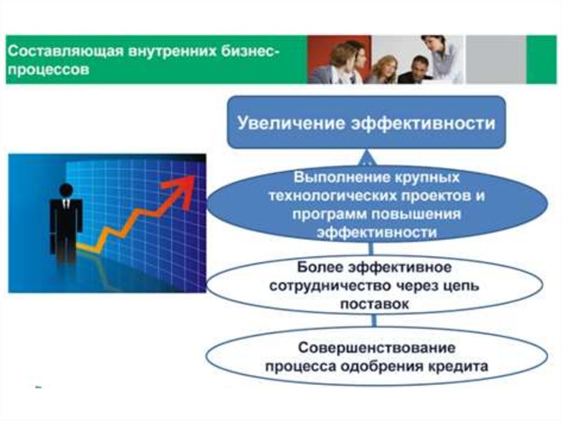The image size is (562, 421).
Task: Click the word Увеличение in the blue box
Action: pos(291,124)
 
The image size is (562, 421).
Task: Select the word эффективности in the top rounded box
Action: pos(424,124)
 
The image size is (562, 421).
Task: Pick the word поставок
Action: pos(374,304)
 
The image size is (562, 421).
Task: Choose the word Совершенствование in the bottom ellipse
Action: pos(376,348)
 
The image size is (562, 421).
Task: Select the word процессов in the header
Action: pos(48,69)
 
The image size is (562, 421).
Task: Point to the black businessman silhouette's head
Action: pos(66,190)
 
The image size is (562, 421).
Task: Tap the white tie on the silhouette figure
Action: pos(66,203)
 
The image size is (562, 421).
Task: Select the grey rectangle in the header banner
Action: pos(496,59)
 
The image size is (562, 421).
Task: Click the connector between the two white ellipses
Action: pos(374,321)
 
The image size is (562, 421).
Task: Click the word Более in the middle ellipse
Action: pos(319,267)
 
